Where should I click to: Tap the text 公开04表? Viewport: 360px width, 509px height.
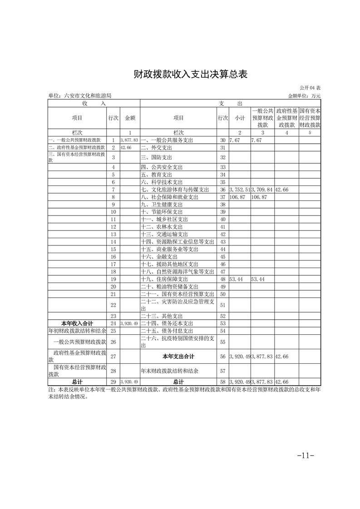[x=310, y=88]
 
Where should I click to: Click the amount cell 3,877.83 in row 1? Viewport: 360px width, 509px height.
[x=129, y=141]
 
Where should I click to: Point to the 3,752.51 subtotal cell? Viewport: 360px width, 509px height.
[x=240, y=190]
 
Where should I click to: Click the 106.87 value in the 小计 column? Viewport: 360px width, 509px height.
[x=237, y=197]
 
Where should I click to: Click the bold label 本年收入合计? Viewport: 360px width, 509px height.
[x=77, y=323]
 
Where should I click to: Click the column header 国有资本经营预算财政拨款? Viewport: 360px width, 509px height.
[x=310, y=117]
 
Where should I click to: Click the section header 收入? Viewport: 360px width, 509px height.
[x=94, y=103]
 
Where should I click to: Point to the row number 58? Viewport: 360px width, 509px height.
[x=222, y=382]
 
